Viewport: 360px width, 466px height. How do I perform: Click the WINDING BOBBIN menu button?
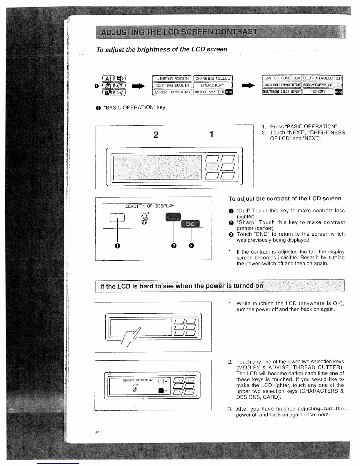point(172,79)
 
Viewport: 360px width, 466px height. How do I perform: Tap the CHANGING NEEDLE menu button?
point(212,79)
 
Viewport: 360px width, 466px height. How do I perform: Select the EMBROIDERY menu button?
point(212,85)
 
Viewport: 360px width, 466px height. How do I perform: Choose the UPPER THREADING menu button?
point(172,92)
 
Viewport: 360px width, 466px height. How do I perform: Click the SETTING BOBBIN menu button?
point(172,85)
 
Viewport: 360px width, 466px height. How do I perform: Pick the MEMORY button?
point(318,91)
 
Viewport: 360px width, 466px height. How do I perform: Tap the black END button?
point(190,224)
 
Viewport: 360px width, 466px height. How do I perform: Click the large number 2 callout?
point(156,135)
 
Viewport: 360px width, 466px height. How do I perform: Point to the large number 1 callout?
point(211,135)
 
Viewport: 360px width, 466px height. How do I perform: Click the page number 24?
point(97,432)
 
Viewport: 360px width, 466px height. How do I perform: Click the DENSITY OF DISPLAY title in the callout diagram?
point(150,206)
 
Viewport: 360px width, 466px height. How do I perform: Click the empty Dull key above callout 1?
point(117,217)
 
